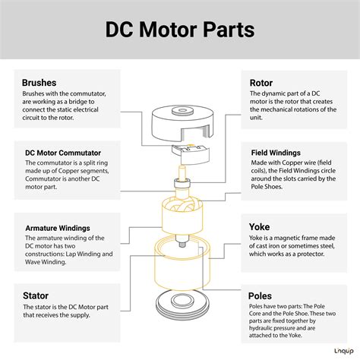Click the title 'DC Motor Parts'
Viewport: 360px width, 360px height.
pos(180,33)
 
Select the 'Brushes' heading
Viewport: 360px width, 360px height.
pos(41,82)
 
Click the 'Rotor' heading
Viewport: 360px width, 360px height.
pos(263,82)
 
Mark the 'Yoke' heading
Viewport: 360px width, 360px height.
pos(261,226)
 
